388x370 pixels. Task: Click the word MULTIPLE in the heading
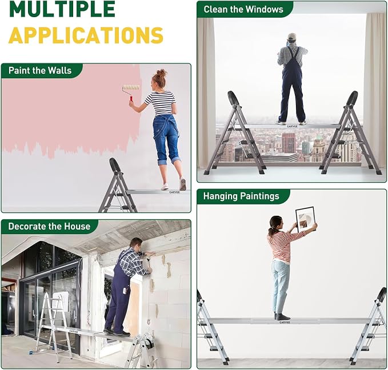coord(62,9)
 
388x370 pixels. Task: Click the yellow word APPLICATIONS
coord(86,35)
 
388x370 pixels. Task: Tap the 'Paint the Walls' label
coord(40,70)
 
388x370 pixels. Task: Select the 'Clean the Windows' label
coord(243,9)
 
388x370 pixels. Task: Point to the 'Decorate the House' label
coord(49,226)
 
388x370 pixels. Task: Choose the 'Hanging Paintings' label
coord(241,196)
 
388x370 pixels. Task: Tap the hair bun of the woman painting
coord(161,73)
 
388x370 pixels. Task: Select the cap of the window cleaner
coord(292,37)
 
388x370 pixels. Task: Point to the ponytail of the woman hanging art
coord(272,231)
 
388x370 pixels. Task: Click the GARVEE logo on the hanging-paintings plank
coord(285,323)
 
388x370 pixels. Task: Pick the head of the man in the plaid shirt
coord(136,244)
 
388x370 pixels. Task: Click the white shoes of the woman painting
coord(174,184)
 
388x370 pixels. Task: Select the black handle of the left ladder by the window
coord(233,98)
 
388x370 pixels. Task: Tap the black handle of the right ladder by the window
coord(352,98)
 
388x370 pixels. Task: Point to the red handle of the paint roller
coord(131,98)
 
